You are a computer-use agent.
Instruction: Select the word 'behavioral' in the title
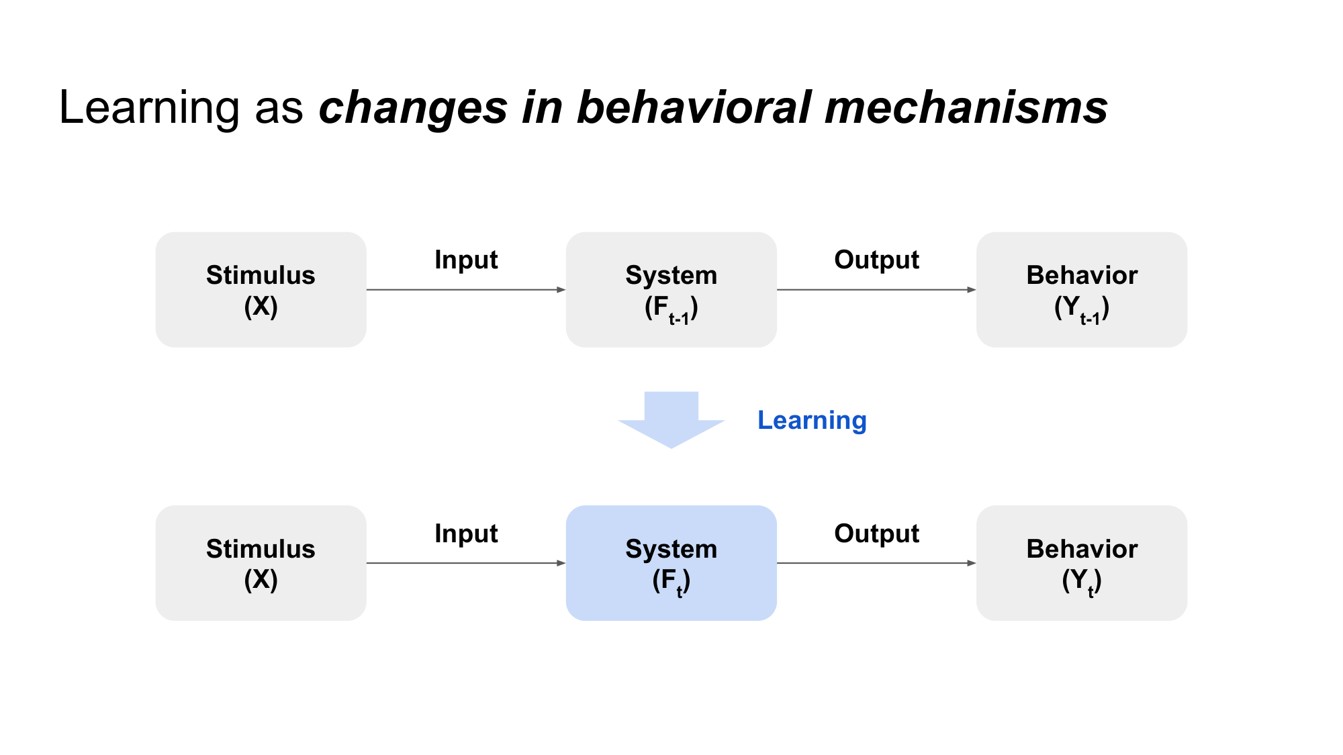coord(694,108)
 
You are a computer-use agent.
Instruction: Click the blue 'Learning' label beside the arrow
coord(812,421)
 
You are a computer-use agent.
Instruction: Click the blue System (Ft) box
coord(671,563)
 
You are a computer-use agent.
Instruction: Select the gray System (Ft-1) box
coord(671,290)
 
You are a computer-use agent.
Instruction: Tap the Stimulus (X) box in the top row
coord(261,290)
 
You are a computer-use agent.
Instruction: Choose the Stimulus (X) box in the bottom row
coord(261,563)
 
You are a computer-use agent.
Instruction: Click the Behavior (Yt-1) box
coord(1081,290)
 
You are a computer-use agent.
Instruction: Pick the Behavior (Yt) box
coord(1081,563)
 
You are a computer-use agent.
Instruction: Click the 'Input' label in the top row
coord(466,260)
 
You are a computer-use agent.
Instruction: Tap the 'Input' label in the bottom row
coord(466,534)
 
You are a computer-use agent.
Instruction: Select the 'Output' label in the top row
coord(876,260)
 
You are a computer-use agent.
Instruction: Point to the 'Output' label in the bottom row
coord(876,534)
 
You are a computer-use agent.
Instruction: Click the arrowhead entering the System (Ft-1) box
coord(561,290)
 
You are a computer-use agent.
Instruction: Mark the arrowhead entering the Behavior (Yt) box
coord(972,563)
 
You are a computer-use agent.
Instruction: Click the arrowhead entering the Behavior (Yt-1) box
coord(972,290)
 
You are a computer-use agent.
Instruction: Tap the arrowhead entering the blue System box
coord(561,563)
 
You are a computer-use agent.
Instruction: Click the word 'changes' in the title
coord(412,108)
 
